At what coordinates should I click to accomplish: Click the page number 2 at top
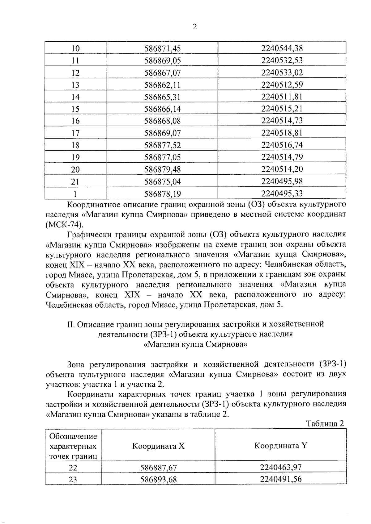[x=194, y=27]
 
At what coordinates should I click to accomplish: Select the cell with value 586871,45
[x=162, y=48]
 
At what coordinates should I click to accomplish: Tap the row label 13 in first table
[x=75, y=85]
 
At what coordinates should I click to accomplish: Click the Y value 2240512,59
[x=282, y=85]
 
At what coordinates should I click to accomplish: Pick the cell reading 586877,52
[x=162, y=145]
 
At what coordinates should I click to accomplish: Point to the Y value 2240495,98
[x=282, y=181]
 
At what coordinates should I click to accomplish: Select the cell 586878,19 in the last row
[x=162, y=194]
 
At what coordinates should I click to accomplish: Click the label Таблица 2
[x=325, y=423]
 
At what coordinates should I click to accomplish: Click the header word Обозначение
[x=73, y=436]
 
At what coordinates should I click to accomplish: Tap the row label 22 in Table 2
[x=73, y=468]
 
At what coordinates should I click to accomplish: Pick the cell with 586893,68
[x=158, y=480]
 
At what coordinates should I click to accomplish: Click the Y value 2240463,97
[x=280, y=467]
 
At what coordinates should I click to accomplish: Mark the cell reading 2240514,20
[x=282, y=169]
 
